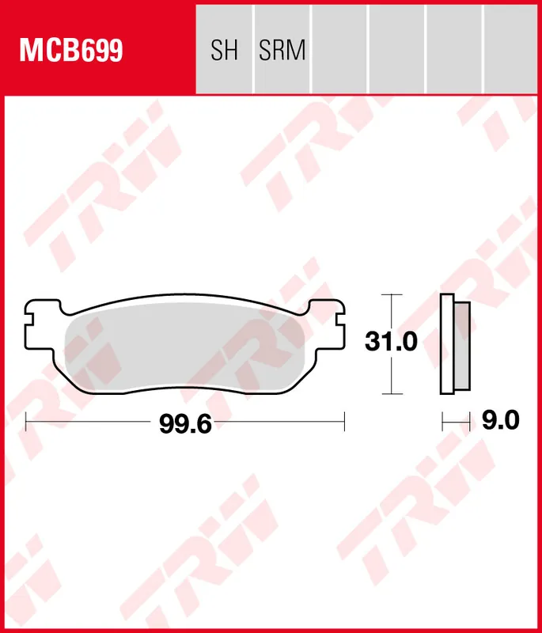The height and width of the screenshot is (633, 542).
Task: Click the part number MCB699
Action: pos(71,51)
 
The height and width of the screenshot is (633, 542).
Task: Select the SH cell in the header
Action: pos(224,51)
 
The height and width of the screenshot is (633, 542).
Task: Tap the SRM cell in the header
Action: pos(282,51)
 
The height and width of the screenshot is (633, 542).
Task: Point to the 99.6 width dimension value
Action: pos(185,424)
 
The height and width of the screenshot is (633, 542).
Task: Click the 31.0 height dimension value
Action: pos(390,343)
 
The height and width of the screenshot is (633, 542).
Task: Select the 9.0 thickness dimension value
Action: pos(500,421)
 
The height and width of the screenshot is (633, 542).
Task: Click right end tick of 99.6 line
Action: pos(345,423)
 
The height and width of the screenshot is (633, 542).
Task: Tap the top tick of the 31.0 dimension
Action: pos(387,294)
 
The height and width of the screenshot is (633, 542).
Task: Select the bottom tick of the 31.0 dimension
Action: pos(387,393)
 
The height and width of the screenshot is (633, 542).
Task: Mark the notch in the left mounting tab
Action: pos(29,320)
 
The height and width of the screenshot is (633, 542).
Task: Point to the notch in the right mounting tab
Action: pos(341,320)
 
